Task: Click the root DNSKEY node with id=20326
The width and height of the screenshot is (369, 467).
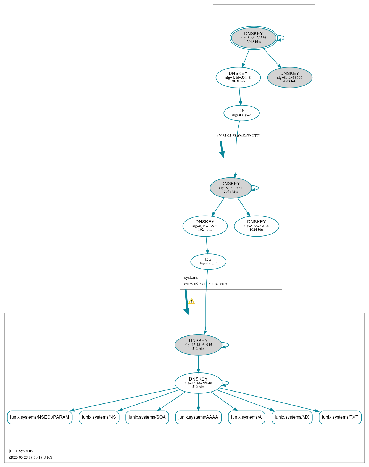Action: click(x=254, y=38)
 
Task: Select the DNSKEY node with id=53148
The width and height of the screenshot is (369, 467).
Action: click(x=238, y=77)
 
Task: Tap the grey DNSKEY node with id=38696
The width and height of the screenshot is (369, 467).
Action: click(x=289, y=77)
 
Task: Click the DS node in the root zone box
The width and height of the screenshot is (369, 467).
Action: click(x=241, y=113)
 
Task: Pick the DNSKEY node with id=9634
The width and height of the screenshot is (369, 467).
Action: click(x=231, y=188)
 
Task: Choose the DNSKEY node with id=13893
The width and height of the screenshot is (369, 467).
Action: click(x=205, y=226)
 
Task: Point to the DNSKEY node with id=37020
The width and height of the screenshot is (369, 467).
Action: click(x=256, y=226)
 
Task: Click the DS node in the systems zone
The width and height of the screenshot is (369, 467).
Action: click(x=208, y=261)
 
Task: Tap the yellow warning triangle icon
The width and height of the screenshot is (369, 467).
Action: click(x=191, y=301)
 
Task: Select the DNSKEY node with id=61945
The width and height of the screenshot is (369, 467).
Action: click(x=198, y=345)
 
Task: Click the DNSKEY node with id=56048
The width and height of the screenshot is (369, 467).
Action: click(x=198, y=383)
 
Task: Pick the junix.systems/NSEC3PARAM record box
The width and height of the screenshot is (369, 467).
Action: click(x=39, y=417)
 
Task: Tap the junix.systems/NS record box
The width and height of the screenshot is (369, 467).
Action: click(x=99, y=417)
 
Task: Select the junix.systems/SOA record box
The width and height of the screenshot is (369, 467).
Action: click(x=147, y=417)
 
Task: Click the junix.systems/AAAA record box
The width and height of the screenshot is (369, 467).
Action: click(x=198, y=417)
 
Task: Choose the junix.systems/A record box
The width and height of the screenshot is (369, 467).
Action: click(x=246, y=417)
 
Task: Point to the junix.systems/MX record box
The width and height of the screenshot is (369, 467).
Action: click(x=292, y=417)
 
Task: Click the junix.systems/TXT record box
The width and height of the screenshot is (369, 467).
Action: click(x=340, y=417)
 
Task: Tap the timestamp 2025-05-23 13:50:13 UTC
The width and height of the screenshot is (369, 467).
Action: click(x=30, y=457)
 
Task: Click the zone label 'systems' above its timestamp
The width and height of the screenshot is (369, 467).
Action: click(x=191, y=277)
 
